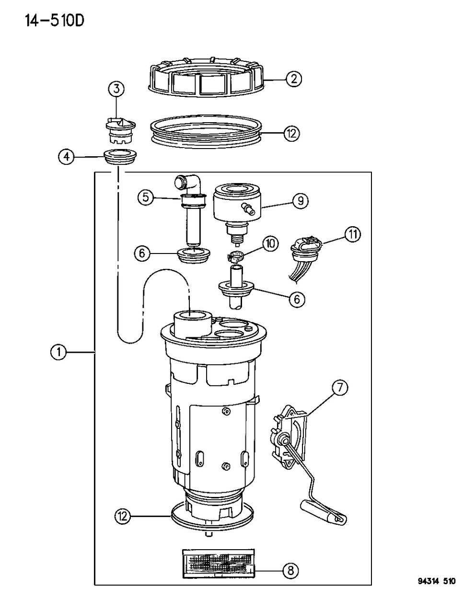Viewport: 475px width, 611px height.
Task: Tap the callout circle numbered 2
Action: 293,79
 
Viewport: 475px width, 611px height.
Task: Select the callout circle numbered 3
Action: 116,89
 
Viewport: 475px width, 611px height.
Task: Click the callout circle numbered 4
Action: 67,156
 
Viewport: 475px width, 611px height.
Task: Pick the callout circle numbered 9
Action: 301,200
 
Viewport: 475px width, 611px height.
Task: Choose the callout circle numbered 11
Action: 353,235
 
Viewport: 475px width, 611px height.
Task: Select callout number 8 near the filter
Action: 290,570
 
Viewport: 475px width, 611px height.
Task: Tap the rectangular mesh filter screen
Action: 218,562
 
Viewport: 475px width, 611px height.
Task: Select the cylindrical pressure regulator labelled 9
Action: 235,206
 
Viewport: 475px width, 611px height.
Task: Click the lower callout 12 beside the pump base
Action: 123,516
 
